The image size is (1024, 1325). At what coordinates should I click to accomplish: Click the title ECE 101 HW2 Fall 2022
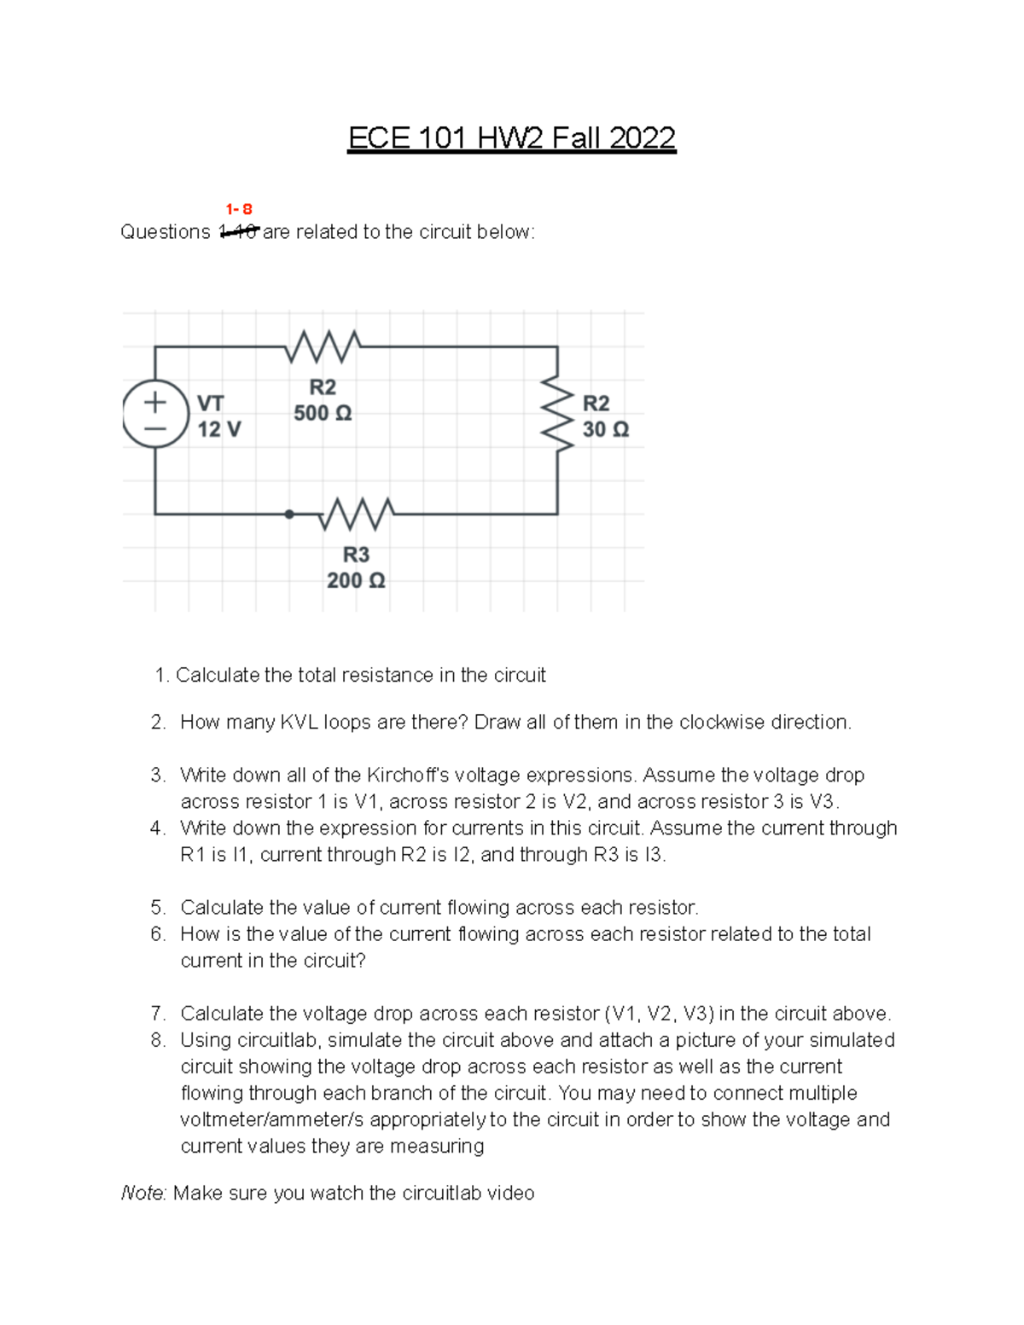tap(511, 137)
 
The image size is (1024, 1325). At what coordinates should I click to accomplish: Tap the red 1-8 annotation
tap(239, 209)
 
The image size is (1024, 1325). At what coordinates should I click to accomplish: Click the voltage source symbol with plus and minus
tap(155, 414)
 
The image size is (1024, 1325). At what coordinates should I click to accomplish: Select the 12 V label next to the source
tap(219, 429)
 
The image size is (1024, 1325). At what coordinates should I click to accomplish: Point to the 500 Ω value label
tap(323, 414)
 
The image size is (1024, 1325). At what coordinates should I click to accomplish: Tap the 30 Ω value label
tap(606, 429)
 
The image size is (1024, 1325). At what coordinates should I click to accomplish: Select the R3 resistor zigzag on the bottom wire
tap(357, 514)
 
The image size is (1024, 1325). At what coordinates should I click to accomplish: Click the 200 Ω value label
tap(356, 581)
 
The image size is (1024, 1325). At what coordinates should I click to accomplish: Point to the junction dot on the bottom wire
tap(289, 514)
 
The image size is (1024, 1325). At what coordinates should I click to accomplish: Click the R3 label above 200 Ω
tap(356, 555)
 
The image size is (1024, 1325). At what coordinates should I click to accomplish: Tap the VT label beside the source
tap(211, 403)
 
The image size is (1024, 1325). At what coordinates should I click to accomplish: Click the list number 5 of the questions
tap(157, 908)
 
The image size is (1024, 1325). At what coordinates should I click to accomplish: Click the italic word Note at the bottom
tap(143, 1194)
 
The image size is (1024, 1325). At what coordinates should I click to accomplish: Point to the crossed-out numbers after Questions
tap(239, 232)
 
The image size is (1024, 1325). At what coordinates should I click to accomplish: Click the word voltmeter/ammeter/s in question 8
tap(271, 1120)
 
